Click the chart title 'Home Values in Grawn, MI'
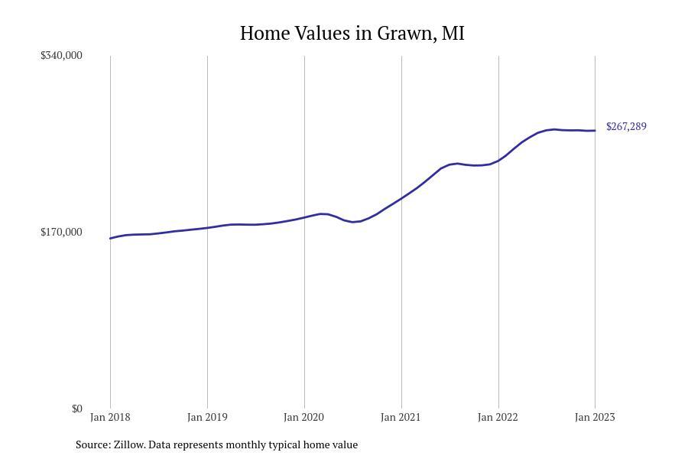(x=352, y=34)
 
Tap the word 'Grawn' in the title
(x=405, y=34)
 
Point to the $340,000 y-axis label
(x=61, y=55)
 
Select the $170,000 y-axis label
(x=61, y=232)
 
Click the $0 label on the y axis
(x=76, y=409)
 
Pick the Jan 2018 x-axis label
(x=110, y=417)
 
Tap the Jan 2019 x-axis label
(x=207, y=417)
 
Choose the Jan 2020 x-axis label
(x=304, y=417)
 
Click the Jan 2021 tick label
(x=401, y=417)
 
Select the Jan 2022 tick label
(x=498, y=417)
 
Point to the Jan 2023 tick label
(x=595, y=417)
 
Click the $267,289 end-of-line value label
(x=626, y=127)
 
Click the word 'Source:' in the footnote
(x=92, y=444)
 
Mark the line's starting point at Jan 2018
(x=110, y=238)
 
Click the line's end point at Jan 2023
(x=595, y=130)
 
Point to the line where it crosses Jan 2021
(x=401, y=198)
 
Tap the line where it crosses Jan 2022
(x=498, y=160)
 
